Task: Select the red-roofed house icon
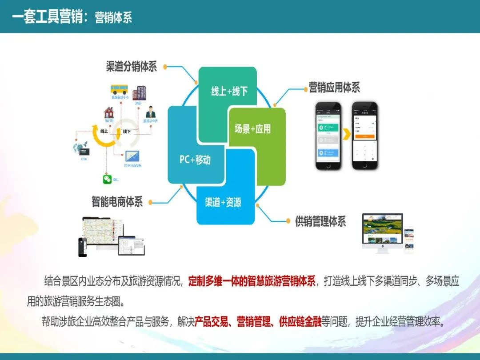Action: [x=108, y=112]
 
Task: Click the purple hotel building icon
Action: [x=139, y=92]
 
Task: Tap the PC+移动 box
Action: [x=195, y=160]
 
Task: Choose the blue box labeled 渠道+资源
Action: [x=223, y=202]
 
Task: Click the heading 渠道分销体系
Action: [x=132, y=67]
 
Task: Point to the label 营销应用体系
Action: [x=334, y=88]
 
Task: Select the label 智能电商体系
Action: [x=117, y=202]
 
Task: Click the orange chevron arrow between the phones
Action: [x=346, y=134]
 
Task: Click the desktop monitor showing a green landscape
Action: [x=382, y=229]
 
